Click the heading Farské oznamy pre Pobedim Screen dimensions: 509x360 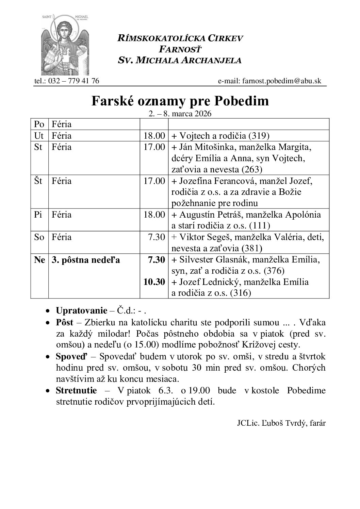pos(180,101)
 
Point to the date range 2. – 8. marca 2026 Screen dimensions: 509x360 pos(180,114)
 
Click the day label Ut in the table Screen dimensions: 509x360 pos(39,136)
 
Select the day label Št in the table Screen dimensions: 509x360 pos(38,181)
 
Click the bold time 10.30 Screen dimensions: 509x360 pos(154,282)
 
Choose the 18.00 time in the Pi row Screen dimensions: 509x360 pos(154,215)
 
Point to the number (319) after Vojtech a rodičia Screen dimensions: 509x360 pos(259,136)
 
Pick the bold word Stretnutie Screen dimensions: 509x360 pos(76,390)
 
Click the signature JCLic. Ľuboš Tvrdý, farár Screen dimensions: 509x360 pos(281,423)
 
